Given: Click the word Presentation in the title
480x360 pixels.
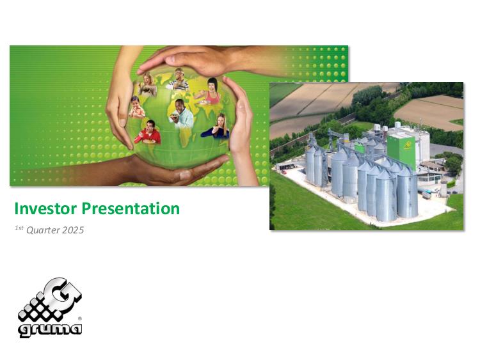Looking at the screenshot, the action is pos(131,209).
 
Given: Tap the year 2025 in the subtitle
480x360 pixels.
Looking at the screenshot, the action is pos(73,230).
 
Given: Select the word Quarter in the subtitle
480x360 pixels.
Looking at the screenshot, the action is pos(43,230).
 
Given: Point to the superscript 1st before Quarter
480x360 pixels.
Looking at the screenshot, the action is pos(19,228).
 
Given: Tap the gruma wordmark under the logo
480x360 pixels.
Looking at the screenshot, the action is pos(50,329).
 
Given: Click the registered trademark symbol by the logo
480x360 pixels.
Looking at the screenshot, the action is pos(80,318).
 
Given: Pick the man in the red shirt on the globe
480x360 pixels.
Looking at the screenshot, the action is pos(148,132).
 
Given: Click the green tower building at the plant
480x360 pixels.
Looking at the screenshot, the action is pos(401,150).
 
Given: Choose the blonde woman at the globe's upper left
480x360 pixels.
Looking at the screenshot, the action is pos(148,84).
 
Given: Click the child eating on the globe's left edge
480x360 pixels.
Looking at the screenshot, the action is pos(136,107).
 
